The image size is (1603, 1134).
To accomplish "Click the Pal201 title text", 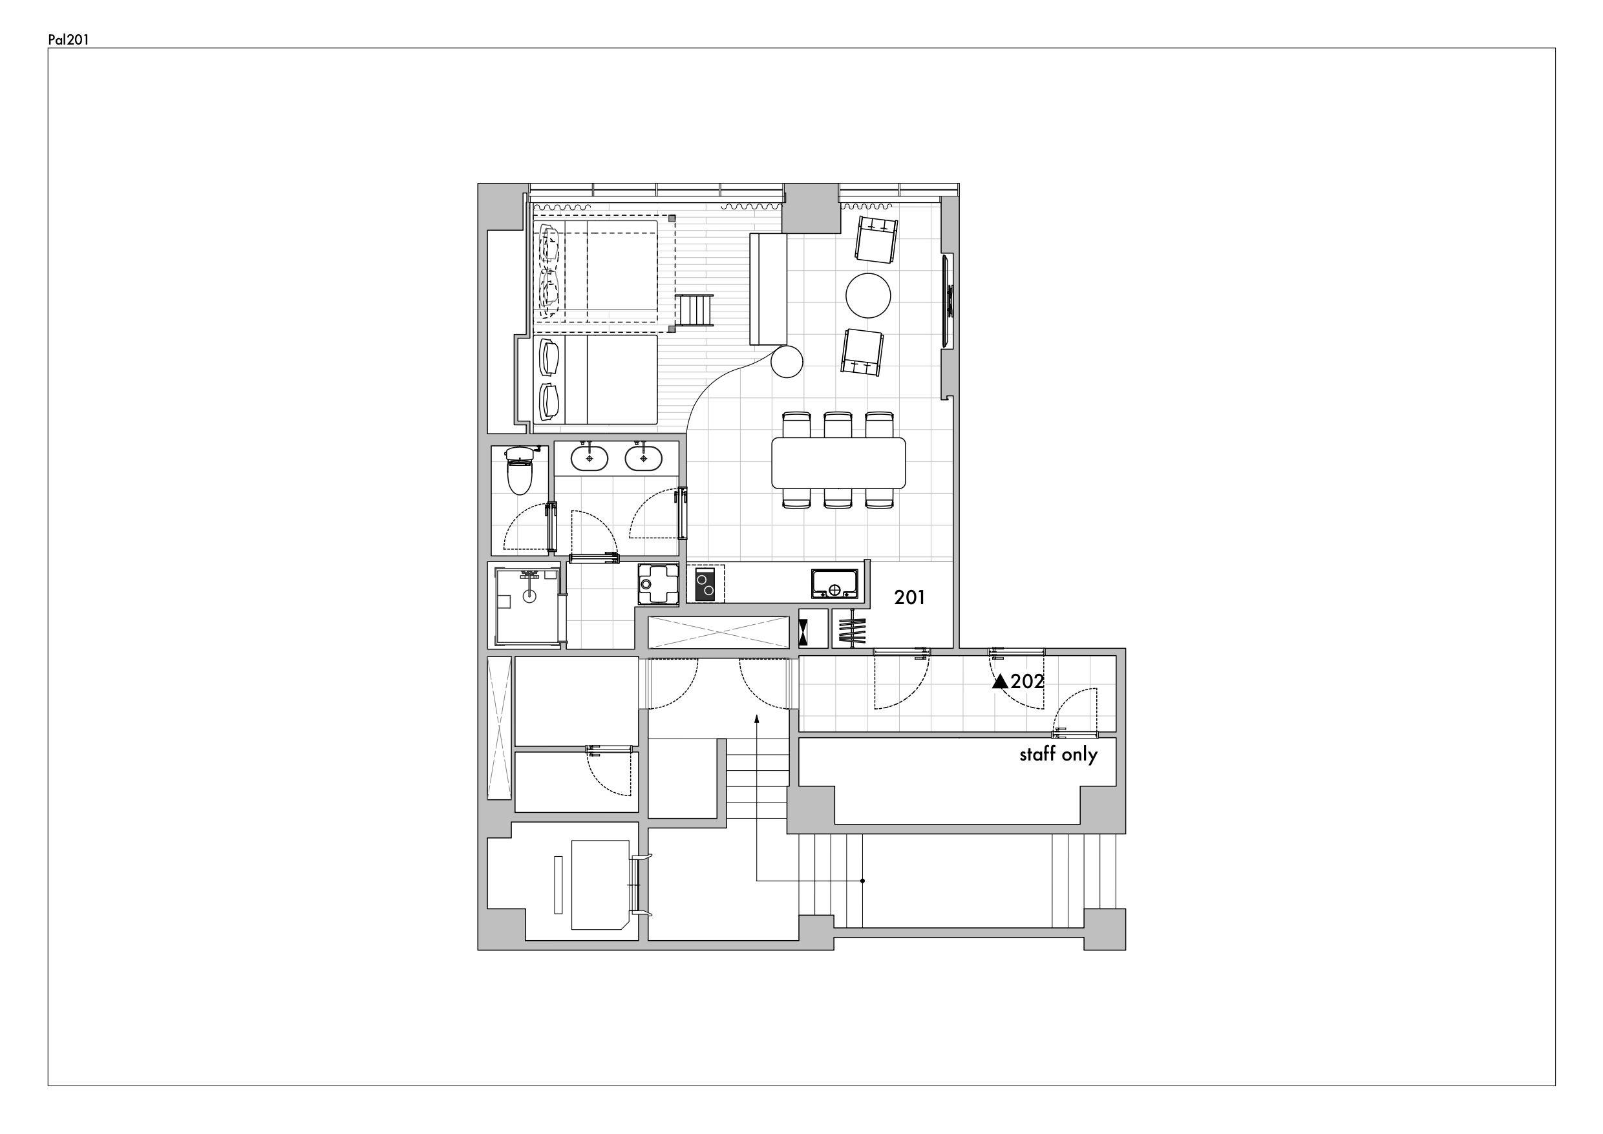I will coord(68,40).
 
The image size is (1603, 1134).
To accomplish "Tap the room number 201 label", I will coord(909,597).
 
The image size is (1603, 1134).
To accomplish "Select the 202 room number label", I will coord(1028,681).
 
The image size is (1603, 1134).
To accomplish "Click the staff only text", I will coord(1058,755).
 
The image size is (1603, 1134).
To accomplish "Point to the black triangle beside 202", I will coord(1000,681).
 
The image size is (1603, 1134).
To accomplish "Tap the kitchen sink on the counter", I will coord(834,583).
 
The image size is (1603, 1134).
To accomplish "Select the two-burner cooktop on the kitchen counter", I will coord(705,583).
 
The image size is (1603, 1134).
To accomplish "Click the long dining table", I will coord(838,462).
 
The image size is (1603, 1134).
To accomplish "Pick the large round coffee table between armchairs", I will coord(868,295).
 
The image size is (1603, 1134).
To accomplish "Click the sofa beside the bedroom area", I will coord(769,289).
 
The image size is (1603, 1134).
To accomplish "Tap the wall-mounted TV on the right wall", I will coord(948,301).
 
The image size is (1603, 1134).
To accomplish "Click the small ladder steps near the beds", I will coord(694,311).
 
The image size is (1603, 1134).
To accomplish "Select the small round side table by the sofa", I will coord(787,362).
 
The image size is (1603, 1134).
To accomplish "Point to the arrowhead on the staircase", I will coord(757,719).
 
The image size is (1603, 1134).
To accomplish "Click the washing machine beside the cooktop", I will coord(658,583).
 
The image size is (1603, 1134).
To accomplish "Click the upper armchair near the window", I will coord(876,240).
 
